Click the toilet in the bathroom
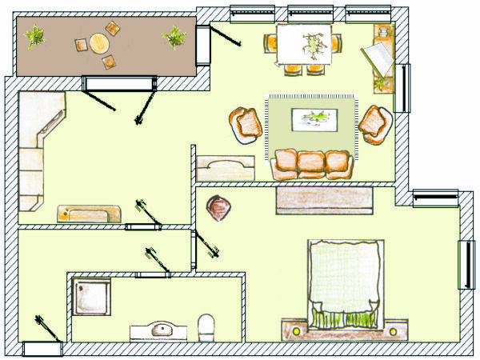(206, 326)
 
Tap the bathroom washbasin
(162, 329)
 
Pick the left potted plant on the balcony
(35, 37)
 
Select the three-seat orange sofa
(313, 163)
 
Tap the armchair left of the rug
(247, 123)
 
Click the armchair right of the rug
(373, 123)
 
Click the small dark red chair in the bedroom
(219, 208)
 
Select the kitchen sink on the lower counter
(89, 214)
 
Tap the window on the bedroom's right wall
(465, 264)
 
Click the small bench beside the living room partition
(226, 168)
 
